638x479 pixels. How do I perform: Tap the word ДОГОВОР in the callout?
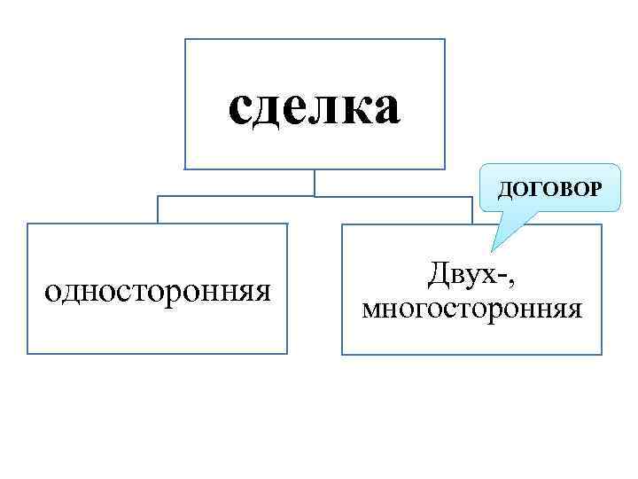click(549, 190)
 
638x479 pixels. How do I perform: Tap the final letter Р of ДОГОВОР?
click(593, 190)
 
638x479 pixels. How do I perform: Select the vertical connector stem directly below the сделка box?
click(315, 182)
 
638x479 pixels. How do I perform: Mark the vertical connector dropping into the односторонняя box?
click(158, 209)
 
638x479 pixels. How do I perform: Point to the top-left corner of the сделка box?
click(185, 40)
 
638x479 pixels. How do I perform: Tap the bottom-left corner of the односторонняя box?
click(27, 354)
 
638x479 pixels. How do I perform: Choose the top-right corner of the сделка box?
click(445, 40)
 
